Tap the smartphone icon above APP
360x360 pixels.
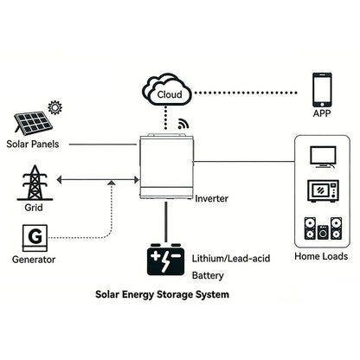point(323,88)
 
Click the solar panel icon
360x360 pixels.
point(30,121)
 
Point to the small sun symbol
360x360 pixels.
point(56,108)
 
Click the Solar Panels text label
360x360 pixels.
point(33,145)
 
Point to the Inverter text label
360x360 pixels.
point(211,198)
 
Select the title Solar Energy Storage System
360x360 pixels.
point(162,295)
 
